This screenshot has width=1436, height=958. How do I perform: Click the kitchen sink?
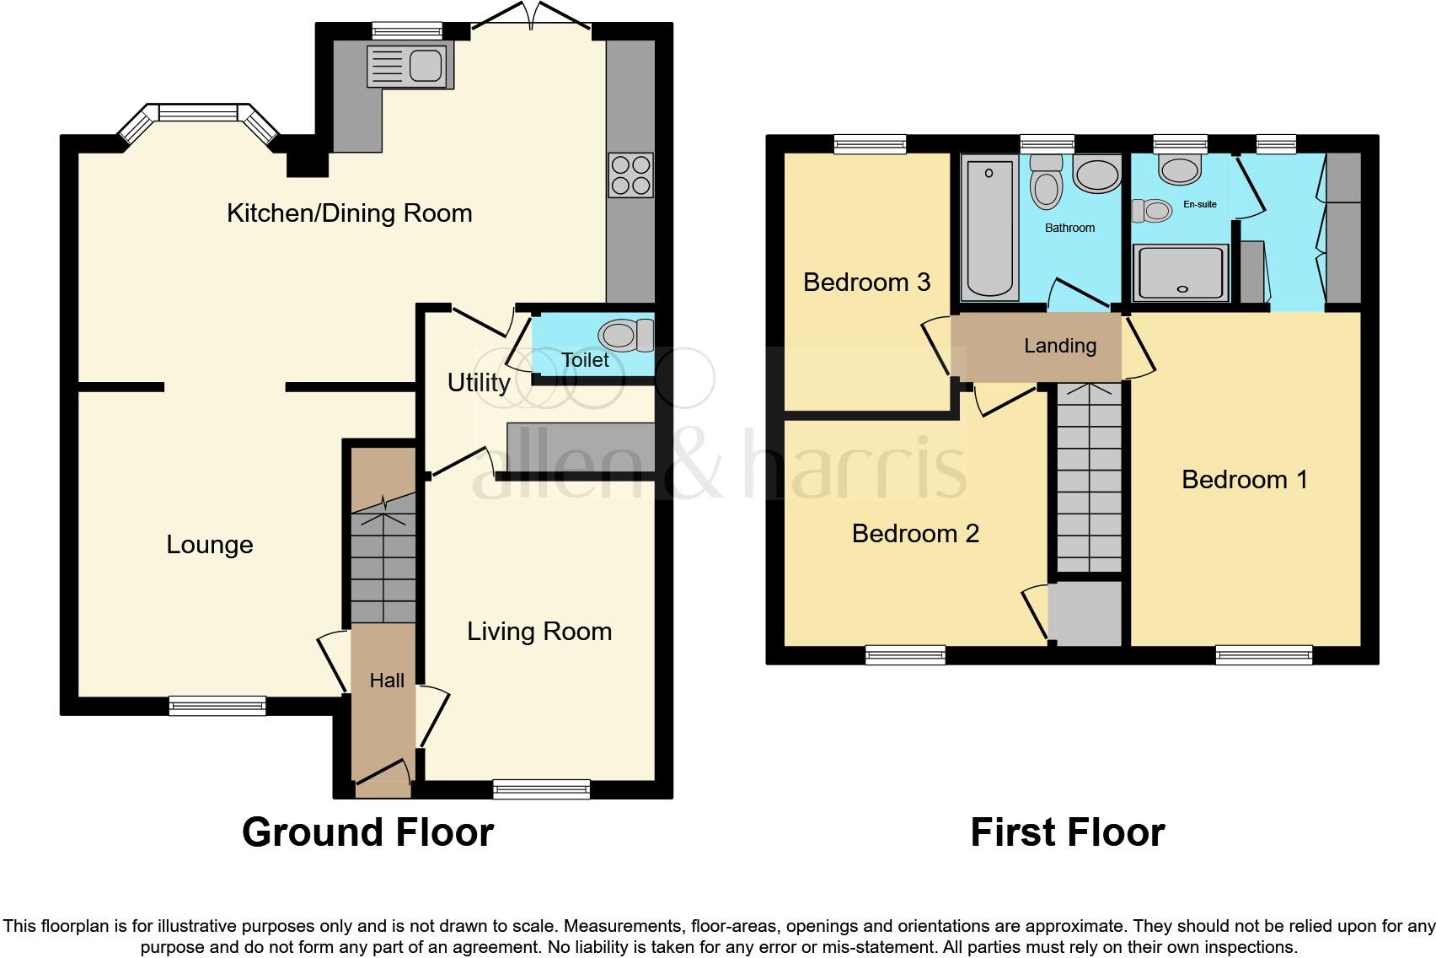pos(410,66)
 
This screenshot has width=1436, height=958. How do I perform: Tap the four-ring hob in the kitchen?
pos(630,175)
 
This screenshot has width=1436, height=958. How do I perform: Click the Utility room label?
pos(478,383)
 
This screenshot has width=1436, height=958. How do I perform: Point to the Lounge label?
pos(209,545)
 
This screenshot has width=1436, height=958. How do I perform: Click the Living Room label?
pos(539,632)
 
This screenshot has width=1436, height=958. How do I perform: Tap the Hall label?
pos(387,681)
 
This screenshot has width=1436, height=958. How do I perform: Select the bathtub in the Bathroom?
pos(989,229)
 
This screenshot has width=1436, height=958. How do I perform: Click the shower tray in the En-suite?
pos(1181,272)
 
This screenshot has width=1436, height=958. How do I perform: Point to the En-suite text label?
pos(1200,204)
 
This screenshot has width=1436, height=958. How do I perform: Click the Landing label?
pos(1060,346)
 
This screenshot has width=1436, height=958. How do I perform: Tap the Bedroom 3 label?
pos(866,282)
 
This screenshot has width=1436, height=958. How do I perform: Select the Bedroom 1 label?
pos(1244,480)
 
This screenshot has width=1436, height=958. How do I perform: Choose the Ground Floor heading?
pos(367,832)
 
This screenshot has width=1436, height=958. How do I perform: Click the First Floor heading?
pos(1067,832)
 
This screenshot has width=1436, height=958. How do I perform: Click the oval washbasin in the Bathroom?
pos(1096,175)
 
